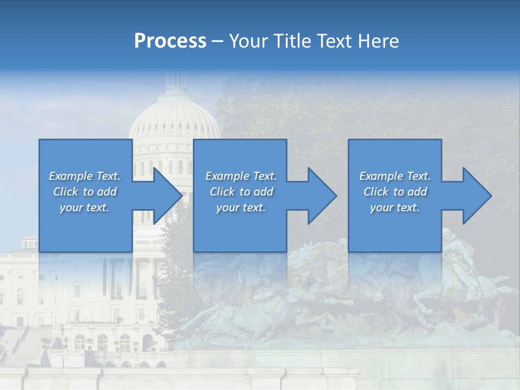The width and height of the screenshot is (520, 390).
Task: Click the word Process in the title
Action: (x=170, y=41)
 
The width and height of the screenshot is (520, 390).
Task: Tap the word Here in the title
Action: (x=379, y=41)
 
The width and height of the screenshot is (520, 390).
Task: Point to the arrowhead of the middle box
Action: (x=321, y=196)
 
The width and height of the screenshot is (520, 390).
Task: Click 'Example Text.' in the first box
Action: (x=84, y=176)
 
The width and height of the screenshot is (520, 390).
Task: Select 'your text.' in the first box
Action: (x=84, y=207)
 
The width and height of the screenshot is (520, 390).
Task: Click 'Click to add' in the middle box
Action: (x=241, y=192)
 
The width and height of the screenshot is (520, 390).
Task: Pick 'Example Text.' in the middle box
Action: (x=241, y=176)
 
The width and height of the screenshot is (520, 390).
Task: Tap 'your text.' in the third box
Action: (x=395, y=207)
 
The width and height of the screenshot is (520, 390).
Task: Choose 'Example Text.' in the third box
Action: (x=395, y=176)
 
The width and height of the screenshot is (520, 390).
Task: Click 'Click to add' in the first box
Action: (x=84, y=192)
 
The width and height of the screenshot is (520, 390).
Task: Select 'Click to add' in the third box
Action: (x=395, y=192)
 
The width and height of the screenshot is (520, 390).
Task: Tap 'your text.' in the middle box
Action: (x=241, y=207)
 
